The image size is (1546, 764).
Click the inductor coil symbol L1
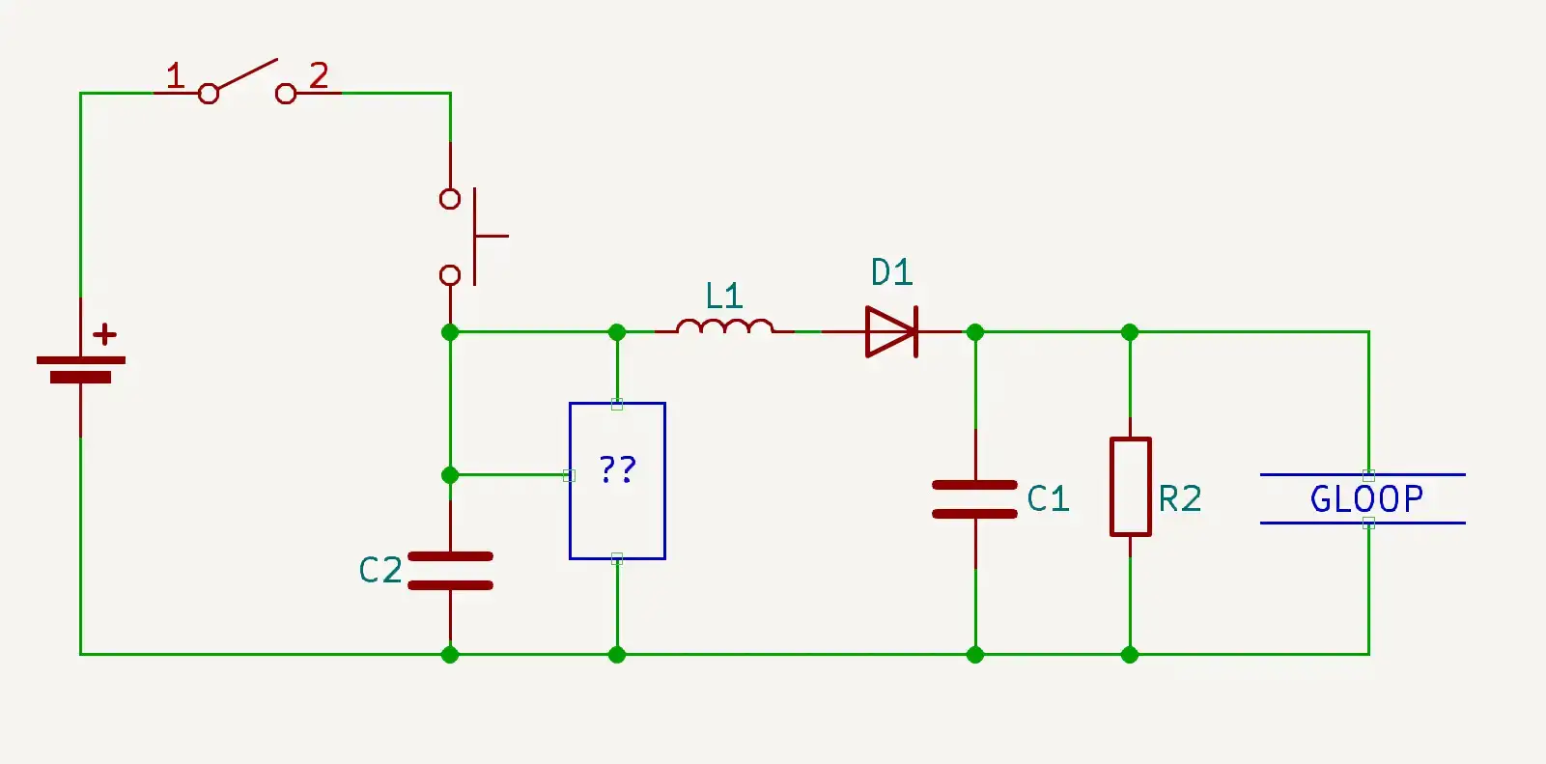point(724,328)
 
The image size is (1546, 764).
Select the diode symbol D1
point(891,331)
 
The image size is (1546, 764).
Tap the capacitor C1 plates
point(974,499)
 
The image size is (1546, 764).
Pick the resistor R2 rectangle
point(1130,486)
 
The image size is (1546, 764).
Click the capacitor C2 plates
point(450,571)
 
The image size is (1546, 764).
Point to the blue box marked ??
point(617,480)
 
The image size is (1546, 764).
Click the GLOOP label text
point(1366,499)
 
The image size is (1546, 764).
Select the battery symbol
point(80,369)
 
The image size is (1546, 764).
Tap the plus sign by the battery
point(104,335)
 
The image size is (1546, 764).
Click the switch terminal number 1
point(175,75)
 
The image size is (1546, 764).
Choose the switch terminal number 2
point(319,75)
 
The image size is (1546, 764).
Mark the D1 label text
point(891,273)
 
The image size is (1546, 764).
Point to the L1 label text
point(723,297)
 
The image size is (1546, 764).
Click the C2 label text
point(379,571)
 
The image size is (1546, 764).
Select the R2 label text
point(1180,499)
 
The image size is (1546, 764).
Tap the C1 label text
point(1048,499)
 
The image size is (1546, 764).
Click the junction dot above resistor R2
point(1130,332)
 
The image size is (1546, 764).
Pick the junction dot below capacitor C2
point(450,655)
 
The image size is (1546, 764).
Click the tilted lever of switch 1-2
point(245,76)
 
